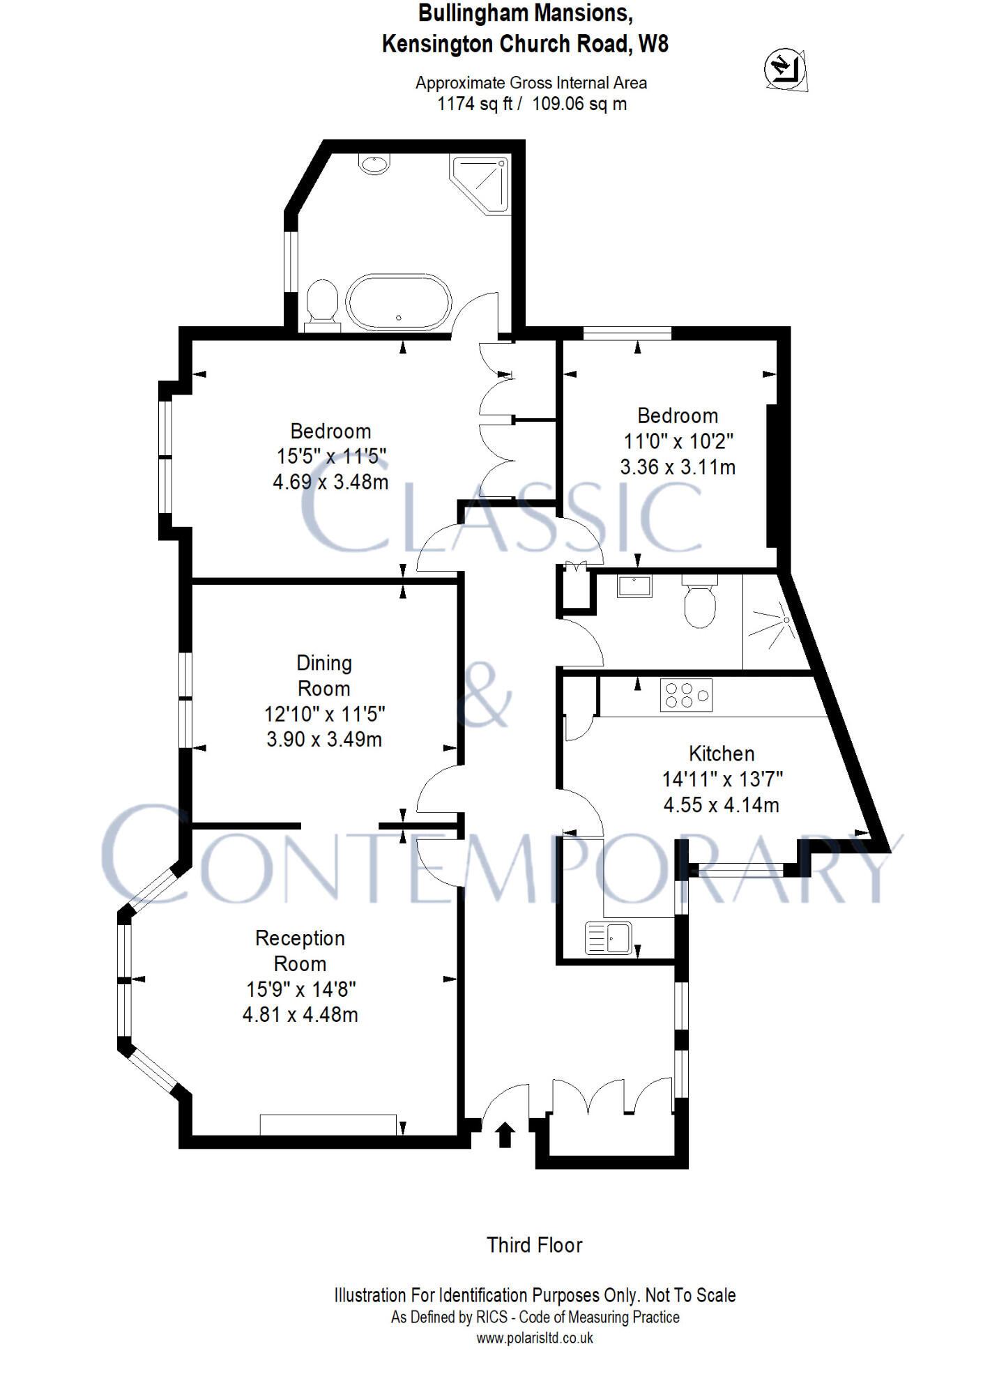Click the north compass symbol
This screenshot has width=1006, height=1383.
786,69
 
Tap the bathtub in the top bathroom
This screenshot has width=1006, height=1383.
399,302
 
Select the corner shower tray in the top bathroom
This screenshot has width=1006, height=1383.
482,183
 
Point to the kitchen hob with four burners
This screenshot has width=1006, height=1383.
686,695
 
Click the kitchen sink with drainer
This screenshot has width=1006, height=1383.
609,938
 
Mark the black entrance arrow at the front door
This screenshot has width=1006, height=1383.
505,1134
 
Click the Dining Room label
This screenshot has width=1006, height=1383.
324,675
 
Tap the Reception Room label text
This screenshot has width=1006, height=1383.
300,951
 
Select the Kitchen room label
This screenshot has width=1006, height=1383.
722,754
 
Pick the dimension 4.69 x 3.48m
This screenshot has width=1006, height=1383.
330,482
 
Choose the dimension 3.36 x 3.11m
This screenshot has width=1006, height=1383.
678,467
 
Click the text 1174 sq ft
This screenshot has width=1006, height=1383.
474,105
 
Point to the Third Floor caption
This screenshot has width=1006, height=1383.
534,1245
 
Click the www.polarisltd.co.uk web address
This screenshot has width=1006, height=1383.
535,1338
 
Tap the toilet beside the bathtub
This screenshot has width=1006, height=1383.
322,305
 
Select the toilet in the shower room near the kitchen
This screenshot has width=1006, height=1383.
700,604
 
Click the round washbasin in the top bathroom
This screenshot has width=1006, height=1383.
374,164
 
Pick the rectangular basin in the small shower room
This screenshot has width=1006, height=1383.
634,586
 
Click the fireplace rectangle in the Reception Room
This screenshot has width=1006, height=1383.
328,1124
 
